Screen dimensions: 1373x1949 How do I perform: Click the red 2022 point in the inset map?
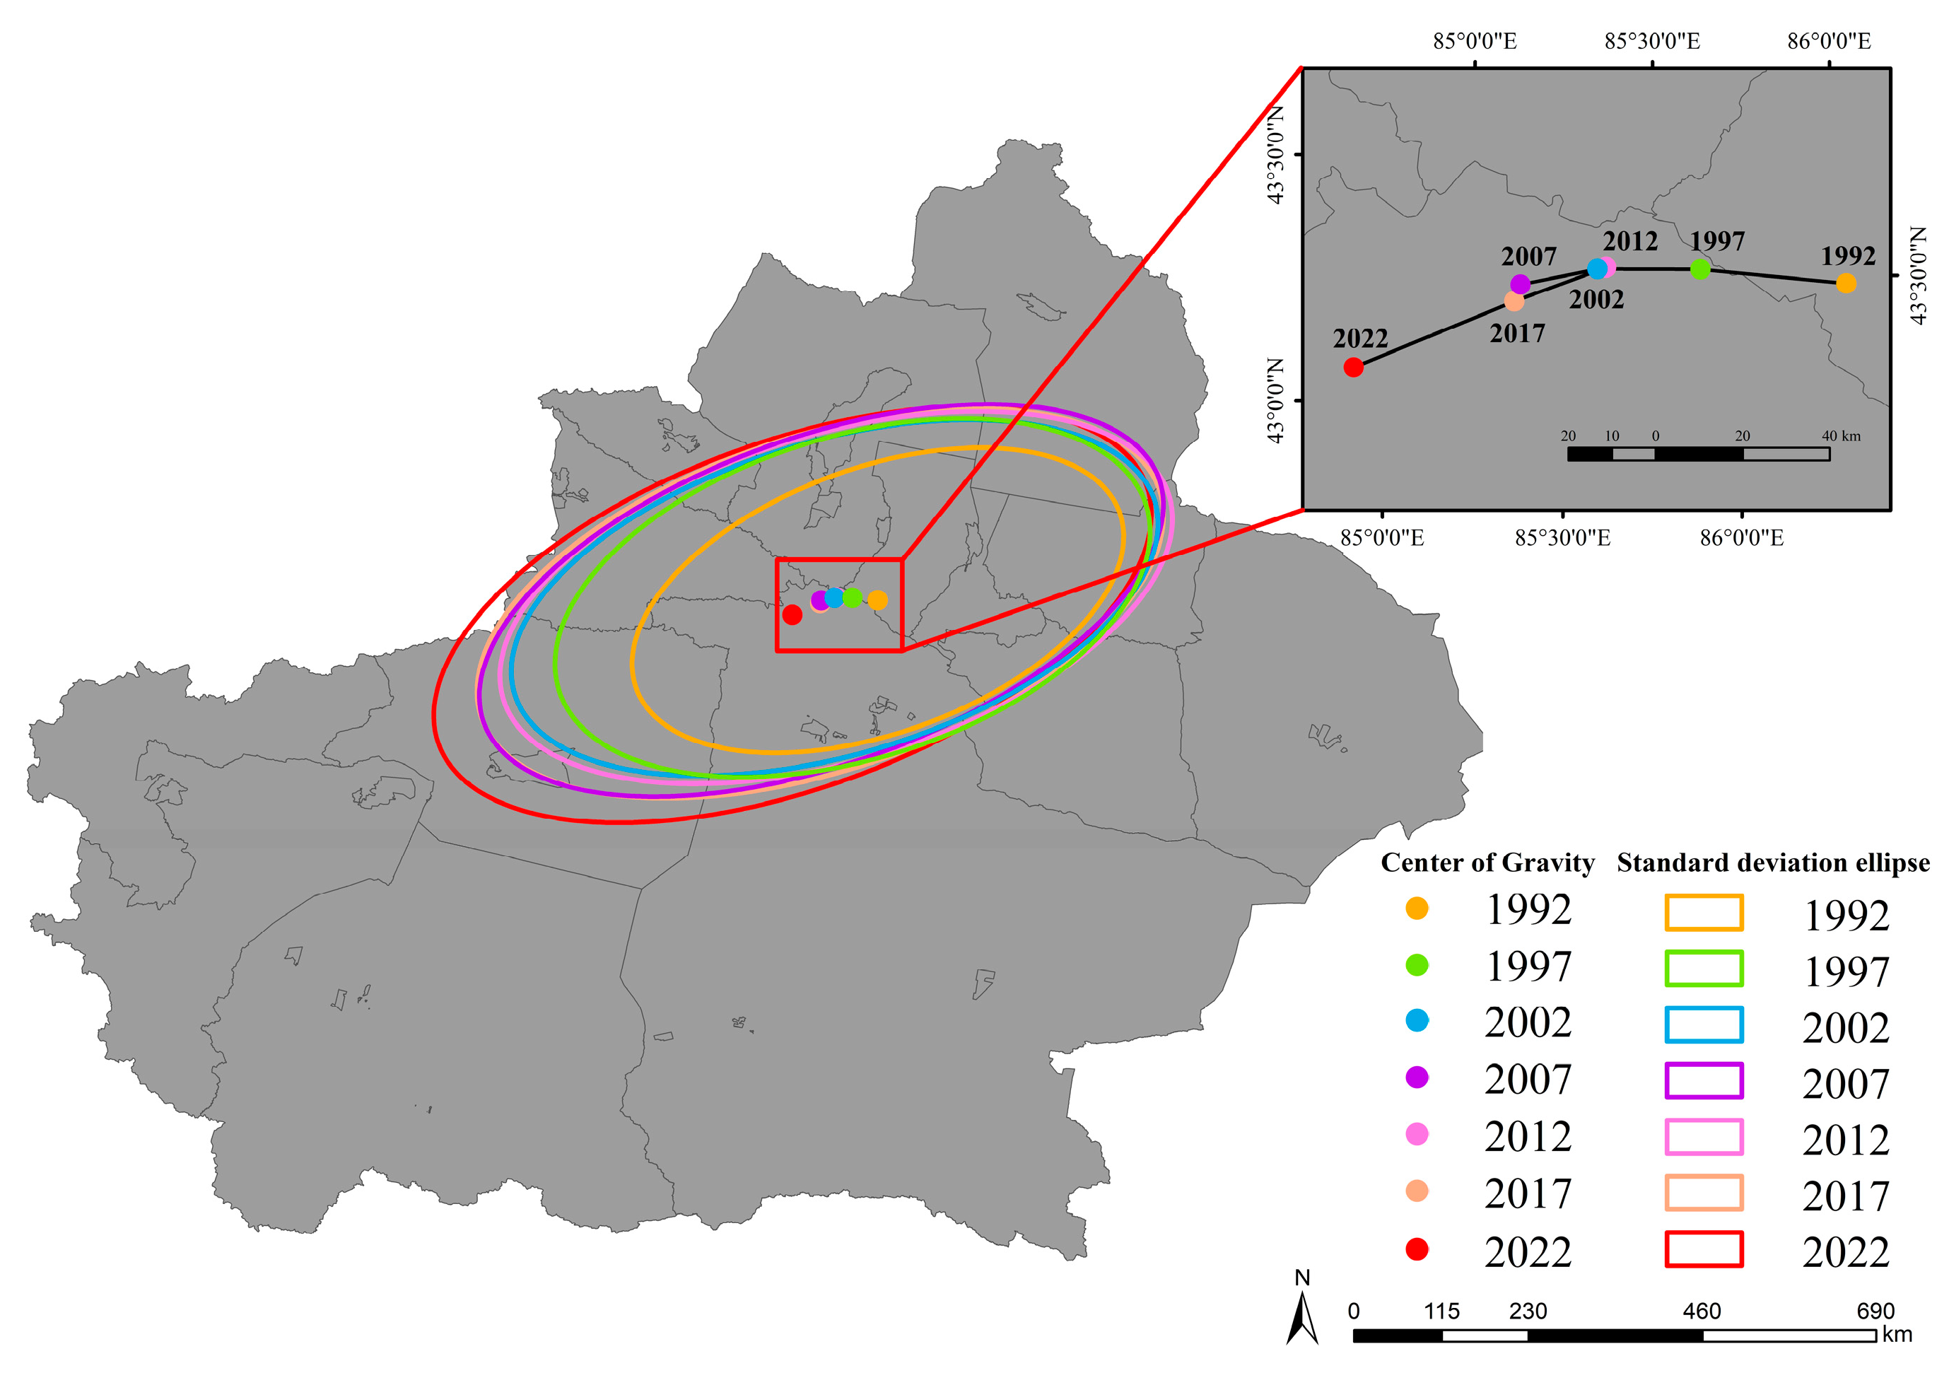1353,367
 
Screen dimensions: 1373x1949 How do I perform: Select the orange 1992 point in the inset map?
1846,283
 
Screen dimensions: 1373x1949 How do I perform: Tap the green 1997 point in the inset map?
1699,269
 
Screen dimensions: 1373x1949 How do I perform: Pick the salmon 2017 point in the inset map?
1514,301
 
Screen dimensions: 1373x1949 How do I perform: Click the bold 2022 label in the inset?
1360,339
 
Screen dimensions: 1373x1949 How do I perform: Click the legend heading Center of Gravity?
1487,863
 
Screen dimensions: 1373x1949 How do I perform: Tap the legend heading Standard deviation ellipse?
1772,863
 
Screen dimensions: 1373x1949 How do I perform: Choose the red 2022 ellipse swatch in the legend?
1704,1249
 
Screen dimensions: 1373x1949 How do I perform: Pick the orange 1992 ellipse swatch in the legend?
1704,913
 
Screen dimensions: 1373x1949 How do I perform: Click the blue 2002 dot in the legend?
1417,1021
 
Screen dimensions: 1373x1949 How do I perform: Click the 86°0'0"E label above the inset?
1828,41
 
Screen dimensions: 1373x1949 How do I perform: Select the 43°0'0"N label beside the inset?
1275,400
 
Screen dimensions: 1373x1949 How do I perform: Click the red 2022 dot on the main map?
792,614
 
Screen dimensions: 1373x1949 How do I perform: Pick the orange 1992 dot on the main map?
878,600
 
